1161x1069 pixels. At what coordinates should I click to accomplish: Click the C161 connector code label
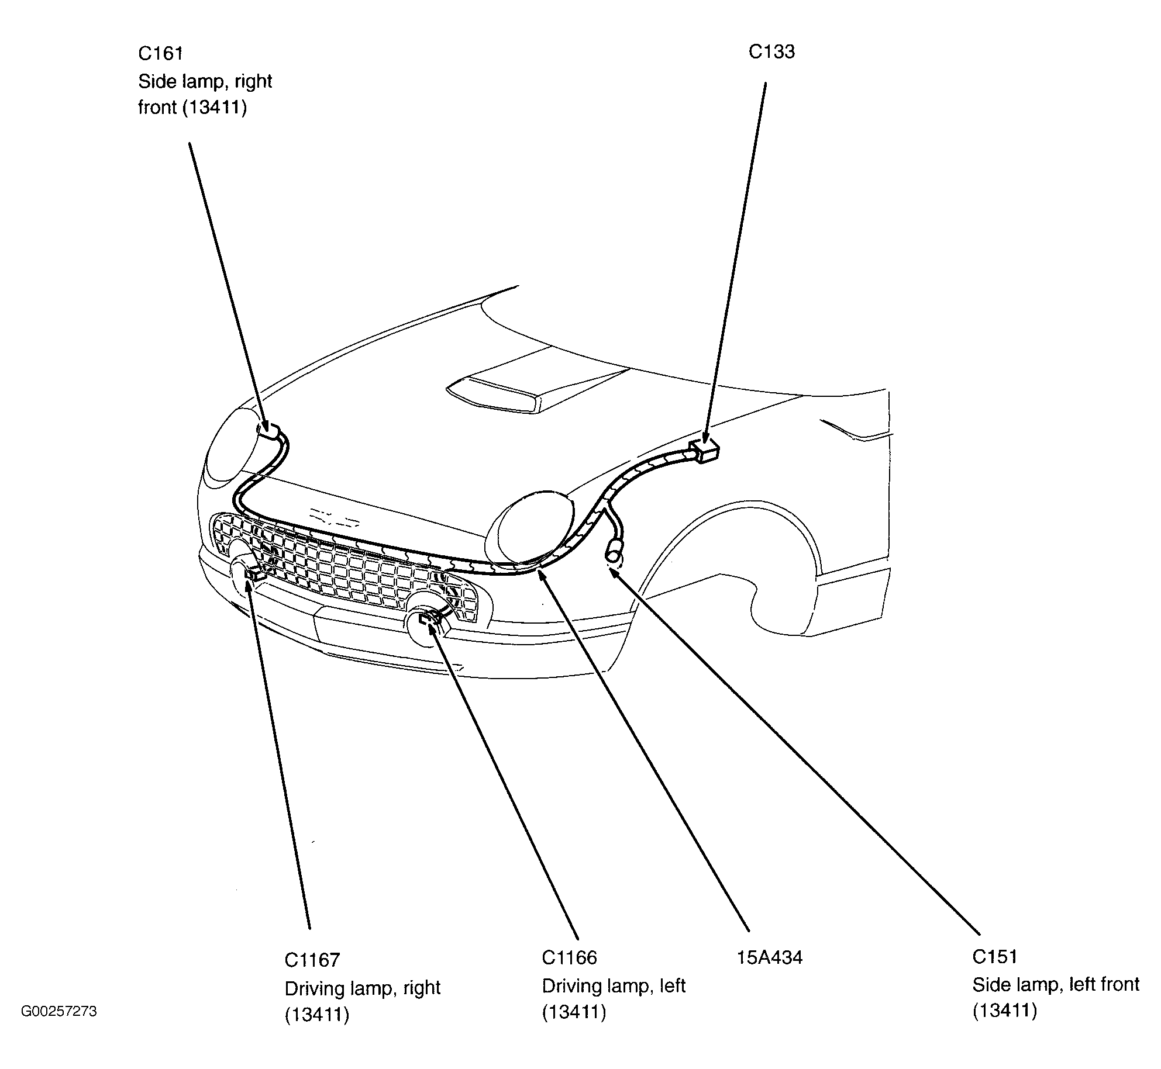click(x=160, y=54)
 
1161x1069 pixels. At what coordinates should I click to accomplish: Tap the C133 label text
click(x=771, y=52)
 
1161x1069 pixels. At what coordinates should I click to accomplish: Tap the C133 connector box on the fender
click(x=705, y=452)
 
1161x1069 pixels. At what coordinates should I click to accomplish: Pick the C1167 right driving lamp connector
click(x=253, y=574)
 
